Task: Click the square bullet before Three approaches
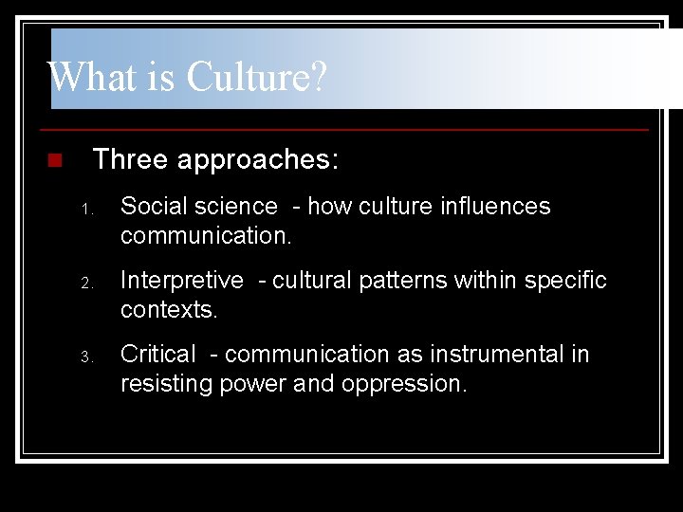pyautogui.click(x=54, y=159)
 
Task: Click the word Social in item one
pyautogui.click(x=152, y=206)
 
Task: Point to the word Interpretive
pyautogui.click(x=182, y=281)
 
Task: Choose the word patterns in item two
pyautogui.click(x=389, y=281)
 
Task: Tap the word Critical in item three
pyautogui.click(x=158, y=355)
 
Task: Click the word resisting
pyautogui.click(x=167, y=384)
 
